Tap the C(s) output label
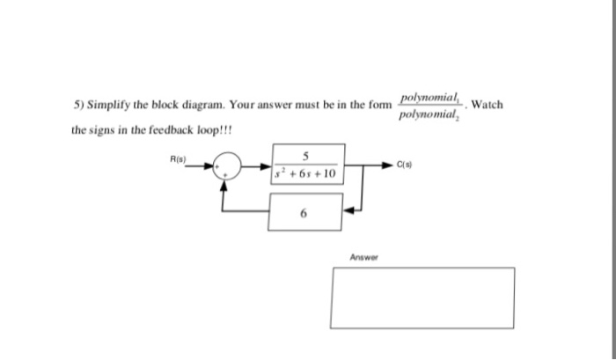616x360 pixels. tap(406, 164)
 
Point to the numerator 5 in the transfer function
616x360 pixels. tap(304, 157)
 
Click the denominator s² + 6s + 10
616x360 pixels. tap(305, 174)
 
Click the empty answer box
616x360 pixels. tap(422, 298)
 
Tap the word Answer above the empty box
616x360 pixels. tap(363, 258)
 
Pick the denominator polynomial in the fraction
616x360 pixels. tap(429, 115)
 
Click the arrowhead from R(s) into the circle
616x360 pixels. tap(211, 165)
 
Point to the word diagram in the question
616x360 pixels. tap(204, 105)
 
